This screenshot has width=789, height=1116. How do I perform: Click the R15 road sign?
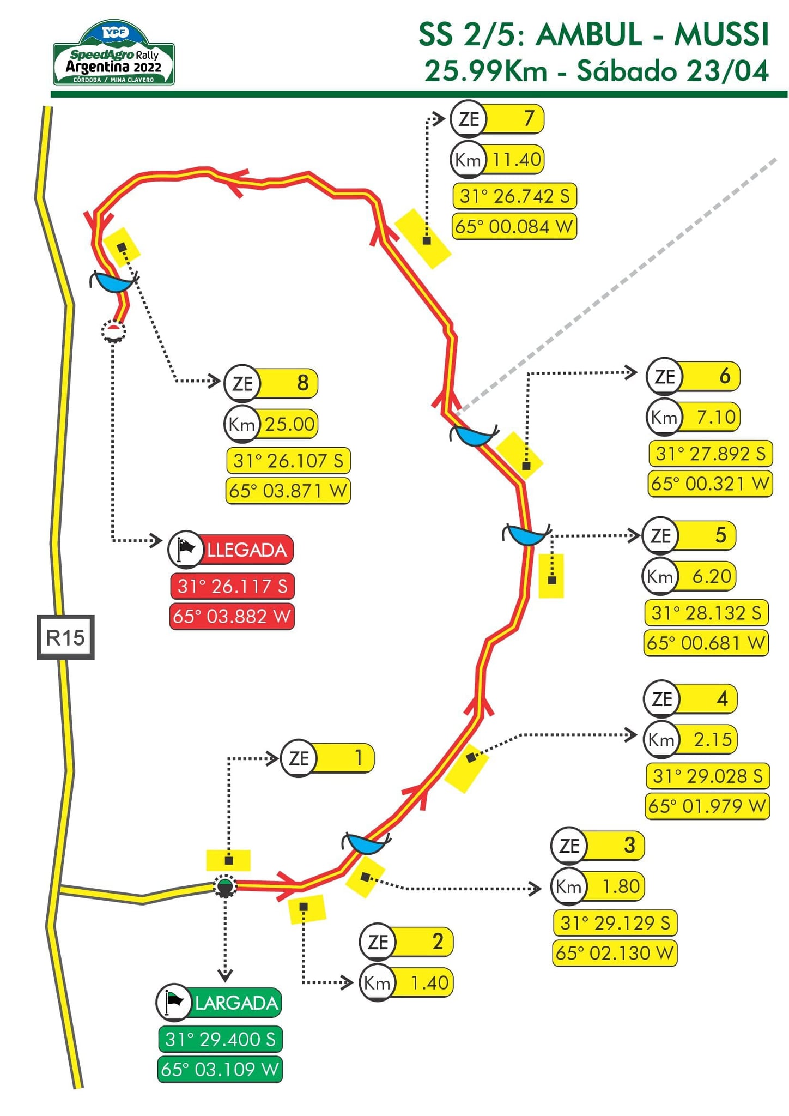point(65,637)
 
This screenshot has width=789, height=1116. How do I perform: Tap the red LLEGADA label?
point(231,549)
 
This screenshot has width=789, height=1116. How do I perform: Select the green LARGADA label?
point(219,1003)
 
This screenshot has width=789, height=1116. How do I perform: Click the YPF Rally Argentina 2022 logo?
point(113,54)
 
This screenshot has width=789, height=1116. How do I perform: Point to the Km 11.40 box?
point(497,160)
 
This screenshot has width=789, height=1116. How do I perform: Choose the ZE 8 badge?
point(271,383)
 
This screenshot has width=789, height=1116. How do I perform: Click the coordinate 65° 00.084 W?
point(514,226)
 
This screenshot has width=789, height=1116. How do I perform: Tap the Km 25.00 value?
point(271,424)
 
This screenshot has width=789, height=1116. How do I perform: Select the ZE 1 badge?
point(327,758)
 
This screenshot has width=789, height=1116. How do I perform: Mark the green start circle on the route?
point(224,886)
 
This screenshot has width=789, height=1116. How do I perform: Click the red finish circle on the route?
point(113,331)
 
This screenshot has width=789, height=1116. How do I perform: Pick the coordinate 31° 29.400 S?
point(220,1039)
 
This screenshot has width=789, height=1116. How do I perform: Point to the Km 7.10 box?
point(693,417)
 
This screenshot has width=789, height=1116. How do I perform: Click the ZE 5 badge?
point(689,535)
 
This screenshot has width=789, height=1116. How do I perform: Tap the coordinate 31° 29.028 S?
point(707,776)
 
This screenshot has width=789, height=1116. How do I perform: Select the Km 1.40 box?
point(406,982)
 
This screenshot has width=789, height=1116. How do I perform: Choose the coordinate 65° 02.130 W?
point(615,952)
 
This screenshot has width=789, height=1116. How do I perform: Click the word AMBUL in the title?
point(589,35)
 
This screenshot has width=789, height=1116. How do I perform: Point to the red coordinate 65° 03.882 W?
point(232,616)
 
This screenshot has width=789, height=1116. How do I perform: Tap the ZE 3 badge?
point(598,846)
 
